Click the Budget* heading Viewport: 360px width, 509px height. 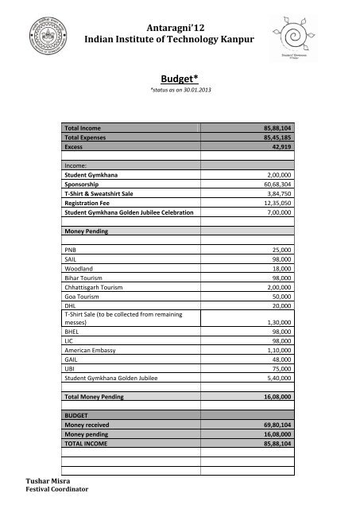[x=179, y=80]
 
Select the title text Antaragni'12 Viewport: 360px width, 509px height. [x=180, y=29]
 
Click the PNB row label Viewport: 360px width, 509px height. [x=71, y=249]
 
